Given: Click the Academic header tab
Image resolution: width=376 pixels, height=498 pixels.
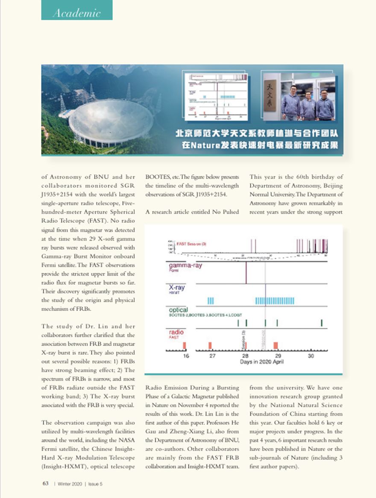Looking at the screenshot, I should pos(77,12).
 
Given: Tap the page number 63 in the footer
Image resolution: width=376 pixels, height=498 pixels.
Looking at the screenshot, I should pos(45,483).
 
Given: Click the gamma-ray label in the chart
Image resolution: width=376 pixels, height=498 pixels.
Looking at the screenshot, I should pos(185,265).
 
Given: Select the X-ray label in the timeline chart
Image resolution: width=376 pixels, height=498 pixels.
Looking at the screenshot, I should pos(177,288).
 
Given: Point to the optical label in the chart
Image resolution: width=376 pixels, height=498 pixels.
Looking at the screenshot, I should pos(179,309).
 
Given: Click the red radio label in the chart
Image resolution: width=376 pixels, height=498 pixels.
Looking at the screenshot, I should pos(176,332).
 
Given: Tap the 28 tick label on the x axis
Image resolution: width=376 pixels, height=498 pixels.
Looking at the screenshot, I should pos(245,356).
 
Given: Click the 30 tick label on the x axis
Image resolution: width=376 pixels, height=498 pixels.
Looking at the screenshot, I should pos(311,356).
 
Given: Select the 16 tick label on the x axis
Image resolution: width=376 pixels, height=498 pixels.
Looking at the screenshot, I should pos(186,356).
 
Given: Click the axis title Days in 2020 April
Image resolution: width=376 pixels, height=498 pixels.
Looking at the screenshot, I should pos(261,362).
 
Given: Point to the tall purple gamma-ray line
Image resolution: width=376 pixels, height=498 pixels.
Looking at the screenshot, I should pos(246,273).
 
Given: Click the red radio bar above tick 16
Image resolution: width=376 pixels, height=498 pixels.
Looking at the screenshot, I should pos(185,345).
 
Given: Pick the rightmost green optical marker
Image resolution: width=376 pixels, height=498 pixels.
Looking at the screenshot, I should pos(321,323).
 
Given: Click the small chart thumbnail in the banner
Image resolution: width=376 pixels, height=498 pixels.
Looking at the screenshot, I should pos(216,96).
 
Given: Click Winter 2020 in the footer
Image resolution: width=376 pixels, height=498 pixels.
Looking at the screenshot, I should pos(70,484).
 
